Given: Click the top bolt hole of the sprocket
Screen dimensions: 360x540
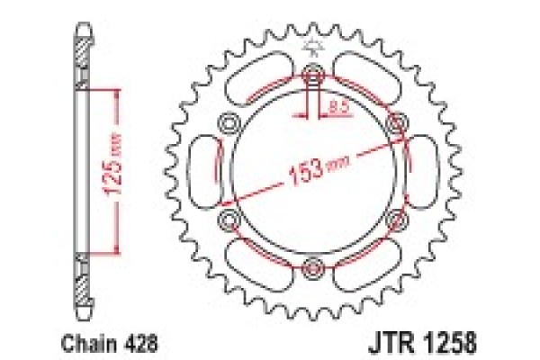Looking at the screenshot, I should tap(312, 74).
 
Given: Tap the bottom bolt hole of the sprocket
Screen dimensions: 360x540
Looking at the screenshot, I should tap(312, 265).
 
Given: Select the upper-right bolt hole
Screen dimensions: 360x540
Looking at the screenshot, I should tap(394, 121).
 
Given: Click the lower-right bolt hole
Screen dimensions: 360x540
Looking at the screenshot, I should tap(394, 218).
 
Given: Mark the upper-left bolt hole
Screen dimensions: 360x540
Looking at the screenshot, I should tap(229, 121).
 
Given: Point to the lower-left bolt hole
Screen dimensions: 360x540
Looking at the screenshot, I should tap(229, 218).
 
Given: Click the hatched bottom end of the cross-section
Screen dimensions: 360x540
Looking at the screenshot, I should tap(82, 283).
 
